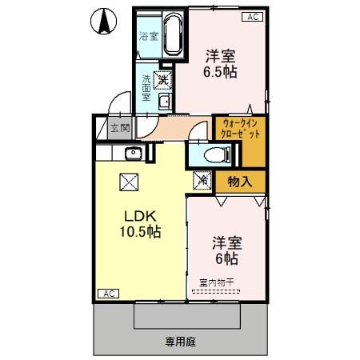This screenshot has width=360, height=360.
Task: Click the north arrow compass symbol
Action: [x=103, y=22]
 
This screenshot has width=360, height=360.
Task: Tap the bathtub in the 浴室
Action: [x=174, y=34]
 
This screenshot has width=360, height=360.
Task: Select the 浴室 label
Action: [x=148, y=36]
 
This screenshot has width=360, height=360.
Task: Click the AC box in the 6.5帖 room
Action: [x=251, y=16]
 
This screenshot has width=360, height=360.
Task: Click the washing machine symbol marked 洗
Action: [x=162, y=80]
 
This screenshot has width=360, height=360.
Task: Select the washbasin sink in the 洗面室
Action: [x=163, y=101]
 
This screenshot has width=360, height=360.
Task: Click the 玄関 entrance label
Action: [x=119, y=128]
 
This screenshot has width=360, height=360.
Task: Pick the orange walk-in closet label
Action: [x=238, y=130]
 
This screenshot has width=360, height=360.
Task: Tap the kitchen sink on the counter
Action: [x=134, y=154]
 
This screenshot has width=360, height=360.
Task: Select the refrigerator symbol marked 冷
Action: [x=202, y=181]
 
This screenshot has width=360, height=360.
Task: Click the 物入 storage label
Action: [x=239, y=181]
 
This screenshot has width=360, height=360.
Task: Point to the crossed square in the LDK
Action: [x=129, y=182]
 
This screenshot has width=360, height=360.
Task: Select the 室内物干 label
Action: [x=216, y=282]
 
